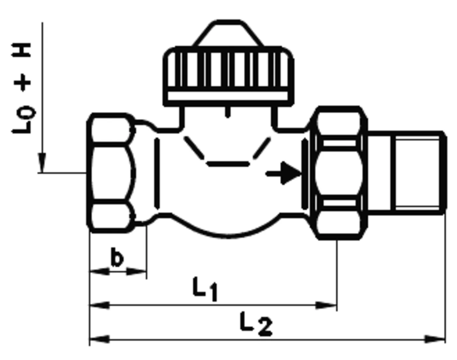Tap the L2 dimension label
256,324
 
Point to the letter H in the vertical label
21,50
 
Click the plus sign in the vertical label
23,83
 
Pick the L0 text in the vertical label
23,120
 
